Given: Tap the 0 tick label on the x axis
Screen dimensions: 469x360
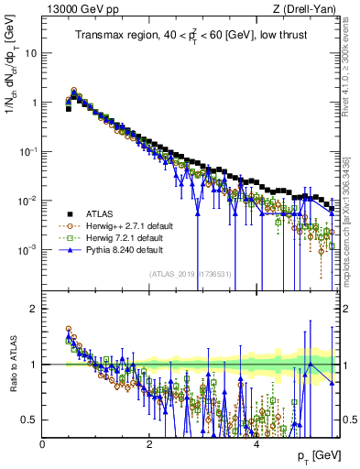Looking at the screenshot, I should (x=43, y=443).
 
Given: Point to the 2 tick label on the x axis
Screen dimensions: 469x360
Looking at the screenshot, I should (x=149, y=443).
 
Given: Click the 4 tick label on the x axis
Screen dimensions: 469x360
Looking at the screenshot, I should (x=256, y=443).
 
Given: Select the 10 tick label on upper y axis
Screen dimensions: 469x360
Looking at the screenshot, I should (x=29, y=52).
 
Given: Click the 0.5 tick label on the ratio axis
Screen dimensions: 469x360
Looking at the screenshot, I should (x=27, y=420).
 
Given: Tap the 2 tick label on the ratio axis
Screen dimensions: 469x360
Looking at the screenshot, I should (x=33, y=309).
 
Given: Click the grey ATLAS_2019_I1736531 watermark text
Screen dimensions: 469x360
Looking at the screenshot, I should (x=191, y=274).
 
